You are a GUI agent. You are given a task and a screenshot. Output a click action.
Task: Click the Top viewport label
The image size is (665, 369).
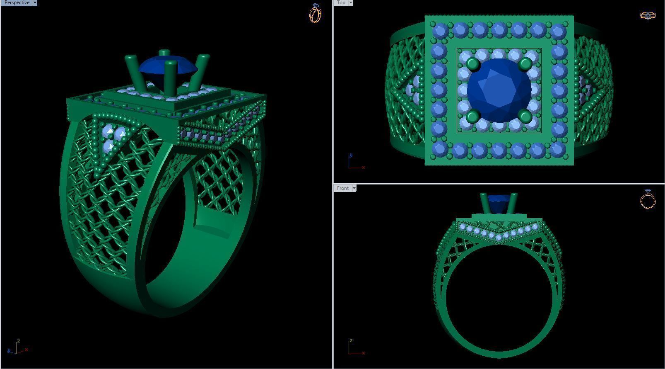341,2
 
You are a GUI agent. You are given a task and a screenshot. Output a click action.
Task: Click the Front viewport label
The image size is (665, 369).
342,188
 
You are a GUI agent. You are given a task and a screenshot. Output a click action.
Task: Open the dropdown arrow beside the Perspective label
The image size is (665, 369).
35,2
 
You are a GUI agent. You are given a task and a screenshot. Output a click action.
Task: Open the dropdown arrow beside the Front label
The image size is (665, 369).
354,188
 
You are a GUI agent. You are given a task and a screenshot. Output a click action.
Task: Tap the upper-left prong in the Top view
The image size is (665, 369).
472,64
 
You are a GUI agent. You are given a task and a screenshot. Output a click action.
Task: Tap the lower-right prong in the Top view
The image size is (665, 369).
525,116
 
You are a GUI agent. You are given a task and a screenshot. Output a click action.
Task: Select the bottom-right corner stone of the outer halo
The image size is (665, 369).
559,149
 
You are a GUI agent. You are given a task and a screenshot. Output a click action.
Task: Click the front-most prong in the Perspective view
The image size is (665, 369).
170,79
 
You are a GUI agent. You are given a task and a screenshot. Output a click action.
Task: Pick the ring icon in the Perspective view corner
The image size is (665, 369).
315,13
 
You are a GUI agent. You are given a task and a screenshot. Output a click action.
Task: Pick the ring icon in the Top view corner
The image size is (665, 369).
648,16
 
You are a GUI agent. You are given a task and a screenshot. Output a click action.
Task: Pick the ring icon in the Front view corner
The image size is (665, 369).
648,199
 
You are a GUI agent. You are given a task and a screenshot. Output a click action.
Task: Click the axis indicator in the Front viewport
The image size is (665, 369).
355,347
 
